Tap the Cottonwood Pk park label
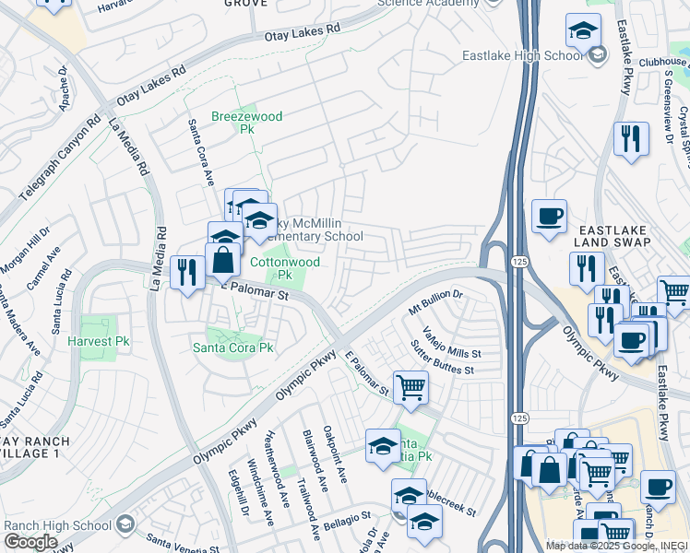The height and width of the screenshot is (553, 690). (x=285, y=268)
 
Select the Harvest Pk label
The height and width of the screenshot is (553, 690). (x=98, y=341)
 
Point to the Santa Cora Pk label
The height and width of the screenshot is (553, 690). (x=232, y=347)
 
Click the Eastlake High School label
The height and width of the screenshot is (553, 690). (x=523, y=55)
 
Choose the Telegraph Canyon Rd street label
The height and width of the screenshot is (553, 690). (x=55, y=152)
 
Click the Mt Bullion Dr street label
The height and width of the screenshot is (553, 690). (x=435, y=301)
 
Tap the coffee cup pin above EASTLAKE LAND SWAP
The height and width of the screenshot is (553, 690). (x=549, y=217)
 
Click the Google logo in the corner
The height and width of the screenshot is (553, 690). (x=30, y=542)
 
